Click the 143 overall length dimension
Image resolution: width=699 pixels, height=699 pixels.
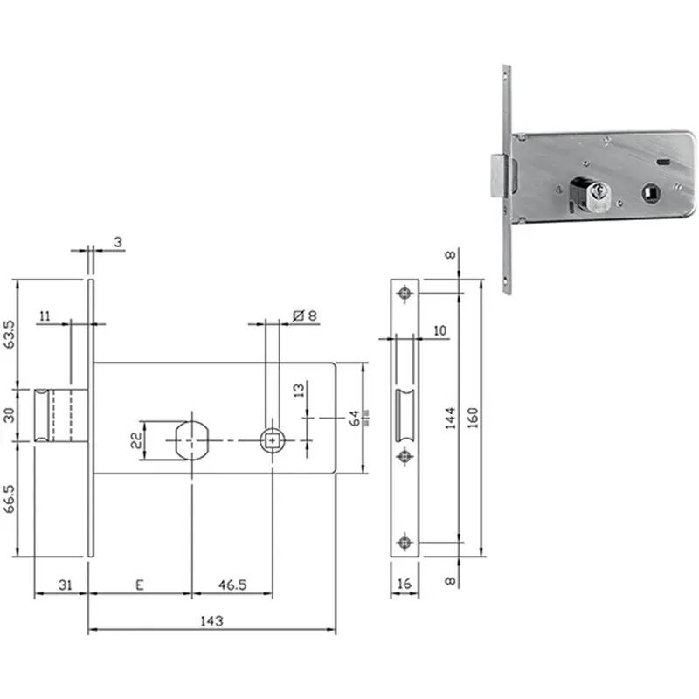coord(211,620)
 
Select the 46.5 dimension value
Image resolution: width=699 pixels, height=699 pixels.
coord(232,585)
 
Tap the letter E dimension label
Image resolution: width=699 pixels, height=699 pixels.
coord(140,585)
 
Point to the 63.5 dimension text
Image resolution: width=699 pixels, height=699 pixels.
coord(9,335)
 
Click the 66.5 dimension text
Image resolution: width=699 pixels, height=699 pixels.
coord(9,499)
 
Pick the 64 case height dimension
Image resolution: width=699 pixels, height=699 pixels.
coord(355,419)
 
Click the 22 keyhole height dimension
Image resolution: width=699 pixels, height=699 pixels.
coord(136,440)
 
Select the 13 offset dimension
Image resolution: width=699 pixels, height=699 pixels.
coord(299,390)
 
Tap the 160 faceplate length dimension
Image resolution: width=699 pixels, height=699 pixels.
coord(473,418)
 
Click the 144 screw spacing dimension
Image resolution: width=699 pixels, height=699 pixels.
coord(450,418)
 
